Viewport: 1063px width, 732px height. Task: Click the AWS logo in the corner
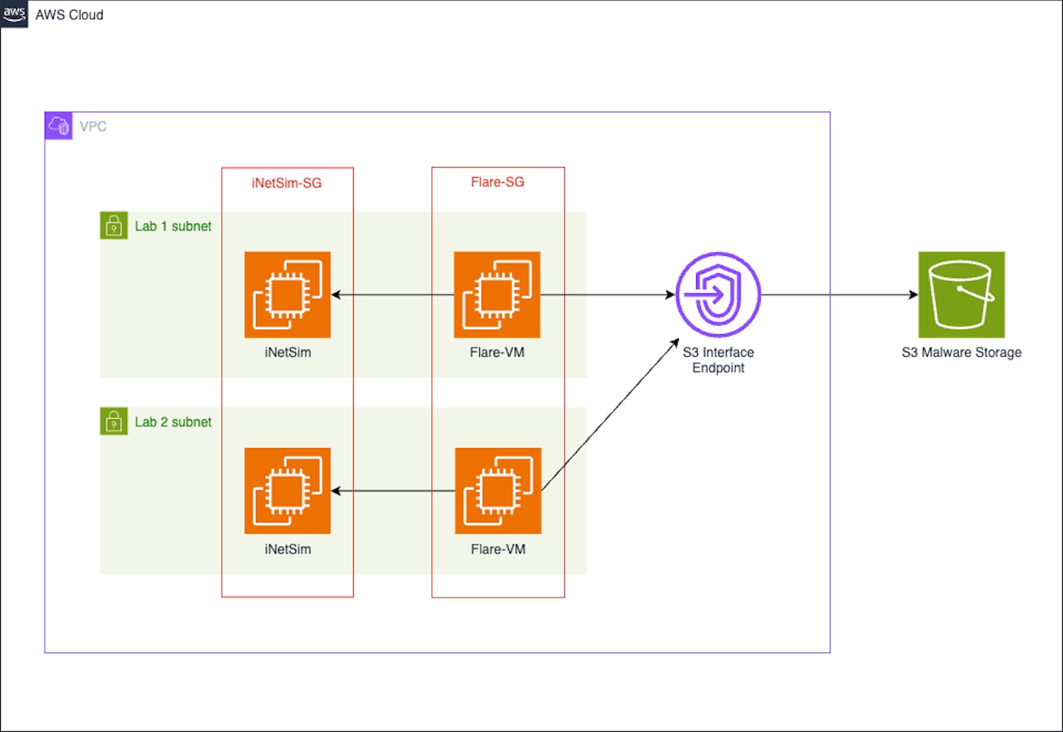pos(14,14)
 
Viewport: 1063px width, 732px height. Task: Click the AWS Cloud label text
pos(69,15)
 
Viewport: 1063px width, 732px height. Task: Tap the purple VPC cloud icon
pos(58,126)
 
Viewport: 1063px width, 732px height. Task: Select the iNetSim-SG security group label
pos(286,183)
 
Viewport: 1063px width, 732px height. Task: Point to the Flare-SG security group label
pos(497,182)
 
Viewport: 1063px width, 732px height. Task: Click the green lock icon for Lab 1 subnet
pos(114,226)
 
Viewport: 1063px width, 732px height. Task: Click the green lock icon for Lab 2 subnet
pos(114,421)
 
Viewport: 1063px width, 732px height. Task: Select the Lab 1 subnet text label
pos(173,226)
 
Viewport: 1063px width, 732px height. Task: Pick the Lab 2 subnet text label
pos(173,422)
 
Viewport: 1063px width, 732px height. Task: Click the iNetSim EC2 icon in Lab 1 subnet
pos(288,295)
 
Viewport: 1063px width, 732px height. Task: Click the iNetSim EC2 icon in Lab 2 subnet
pos(288,491)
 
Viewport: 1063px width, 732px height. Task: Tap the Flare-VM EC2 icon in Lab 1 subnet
pos(497,295)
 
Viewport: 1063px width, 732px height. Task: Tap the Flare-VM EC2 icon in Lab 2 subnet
pos(498,491)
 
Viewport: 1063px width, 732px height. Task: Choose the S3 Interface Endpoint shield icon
pos(718,295)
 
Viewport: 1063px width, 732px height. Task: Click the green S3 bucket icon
pos(961,295)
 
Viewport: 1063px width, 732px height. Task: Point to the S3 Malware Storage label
pos(961,352)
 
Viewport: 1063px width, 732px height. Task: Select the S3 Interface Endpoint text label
pos(718,360)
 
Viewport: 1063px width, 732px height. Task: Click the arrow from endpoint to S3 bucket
pos(839,295)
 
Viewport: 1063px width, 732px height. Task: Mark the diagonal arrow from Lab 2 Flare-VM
pos(610,415)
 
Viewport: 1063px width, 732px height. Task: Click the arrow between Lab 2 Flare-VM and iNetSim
pos(393,491)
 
